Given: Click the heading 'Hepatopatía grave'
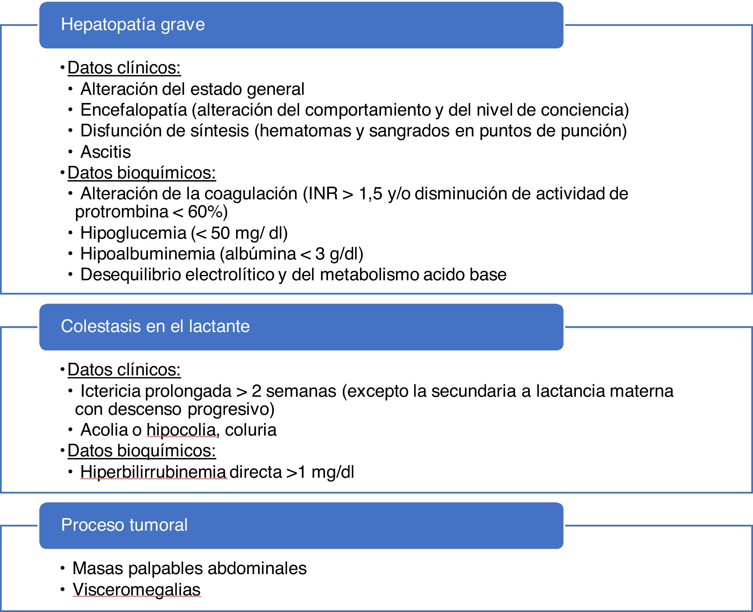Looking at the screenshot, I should pos(133,25).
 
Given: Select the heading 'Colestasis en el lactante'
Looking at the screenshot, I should pos(155,326).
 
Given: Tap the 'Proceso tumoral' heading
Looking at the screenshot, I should pos(124,525).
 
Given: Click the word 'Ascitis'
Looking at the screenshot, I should pos(105,152).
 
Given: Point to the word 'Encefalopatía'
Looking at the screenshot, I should pos(133,110).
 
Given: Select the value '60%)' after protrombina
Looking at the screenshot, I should pos(208,212).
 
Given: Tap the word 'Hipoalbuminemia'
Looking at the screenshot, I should pos(147,254).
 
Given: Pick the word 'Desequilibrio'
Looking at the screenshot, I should pos(130,275).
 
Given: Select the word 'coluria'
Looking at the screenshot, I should pos(250,430).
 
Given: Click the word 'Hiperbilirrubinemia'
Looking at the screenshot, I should pos(153,472).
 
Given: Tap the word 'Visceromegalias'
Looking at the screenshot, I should pos(136,589).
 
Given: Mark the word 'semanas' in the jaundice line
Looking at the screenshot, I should pos(301,391).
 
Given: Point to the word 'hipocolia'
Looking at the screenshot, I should pos(181,430).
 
